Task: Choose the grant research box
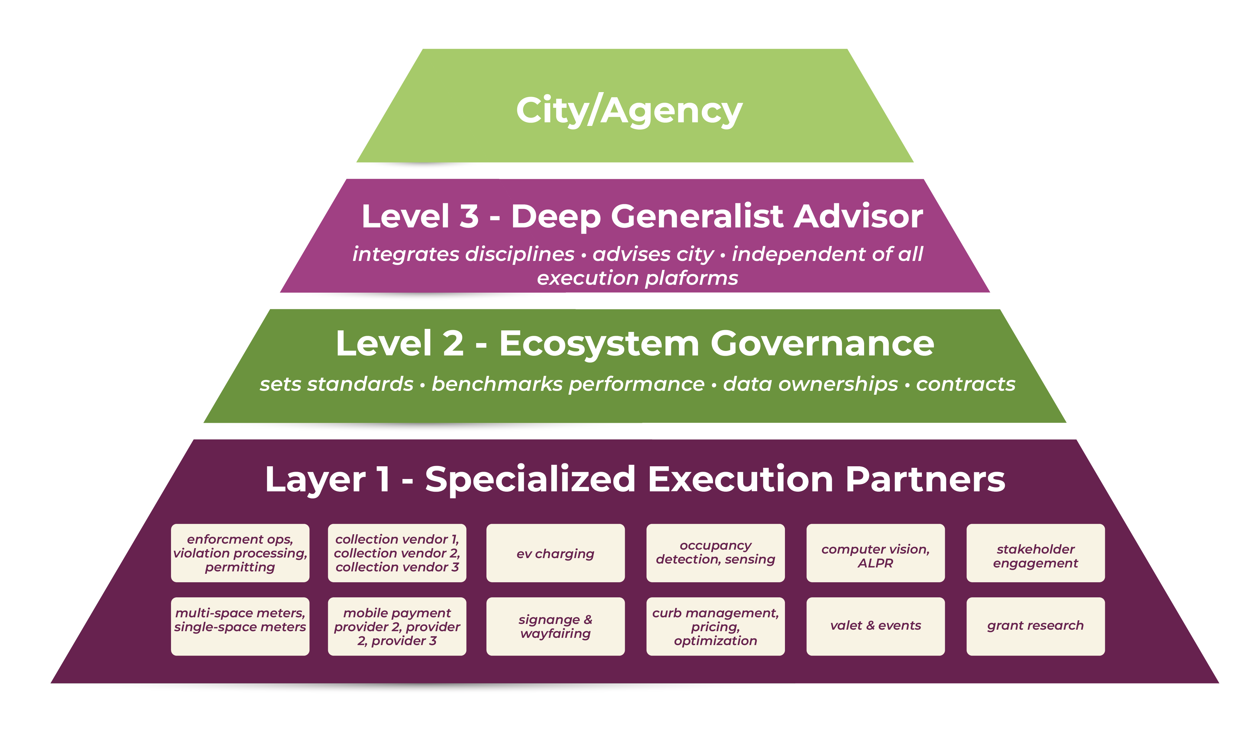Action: click(1035, 626)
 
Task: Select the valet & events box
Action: click(875, 626)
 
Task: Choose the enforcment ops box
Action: click(240, 553)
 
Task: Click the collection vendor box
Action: click(397, 553)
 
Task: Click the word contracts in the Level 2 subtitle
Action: click(965, 384)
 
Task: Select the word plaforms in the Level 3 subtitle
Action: click(691, 278)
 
